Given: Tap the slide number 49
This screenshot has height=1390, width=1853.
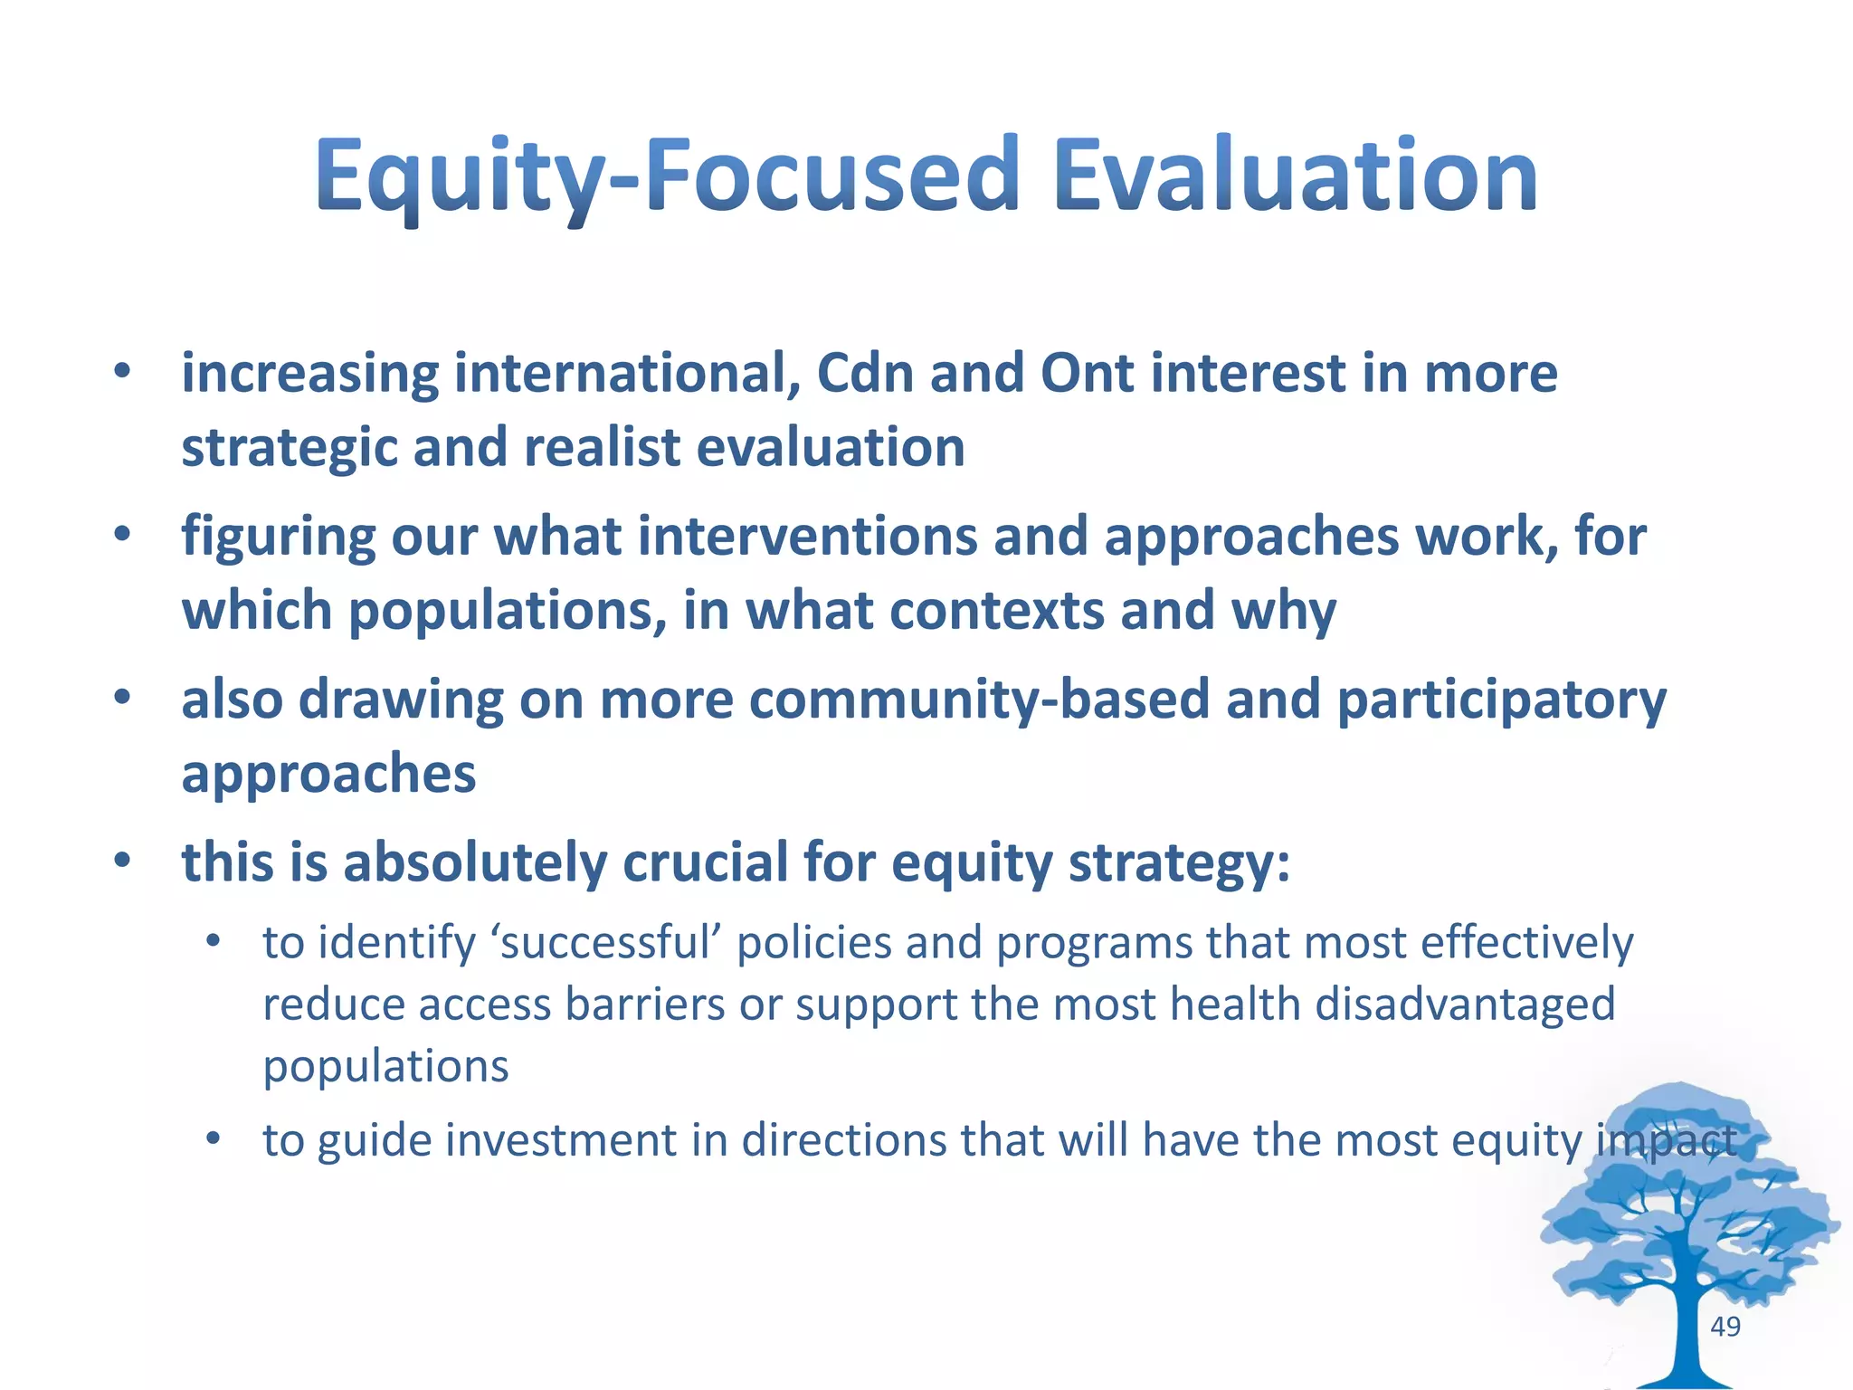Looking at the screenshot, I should click(x=1725, y=1327).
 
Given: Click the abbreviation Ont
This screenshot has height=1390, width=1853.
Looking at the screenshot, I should click(x=1087, y=373).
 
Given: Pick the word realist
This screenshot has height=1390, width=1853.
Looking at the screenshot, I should click(x=602, y=447).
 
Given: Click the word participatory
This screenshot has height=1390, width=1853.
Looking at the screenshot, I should click(x=1501, y=701).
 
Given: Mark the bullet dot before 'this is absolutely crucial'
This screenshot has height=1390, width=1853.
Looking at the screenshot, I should click(x=123, y=862).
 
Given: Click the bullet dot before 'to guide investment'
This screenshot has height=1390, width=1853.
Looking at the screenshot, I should click(x=213, y=1139).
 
